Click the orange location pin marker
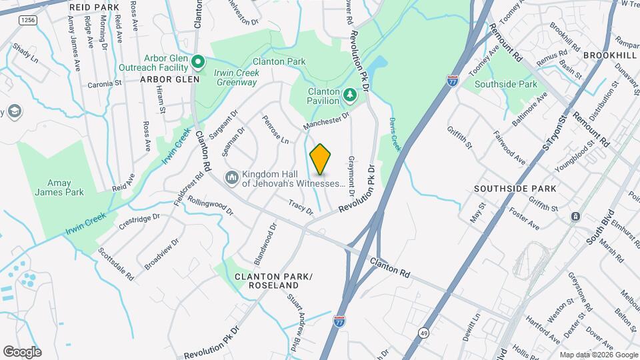pos(321,159)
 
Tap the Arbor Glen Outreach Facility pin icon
pos(198,62)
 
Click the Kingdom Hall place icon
pos(231,177)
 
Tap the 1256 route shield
pos(27,21)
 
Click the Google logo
pos(22,351)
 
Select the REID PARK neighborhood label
pos(94,7)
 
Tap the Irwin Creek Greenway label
pos(236,78)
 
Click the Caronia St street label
pos(105,85)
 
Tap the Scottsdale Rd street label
pos(116,264)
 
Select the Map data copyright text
pos(597,355)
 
